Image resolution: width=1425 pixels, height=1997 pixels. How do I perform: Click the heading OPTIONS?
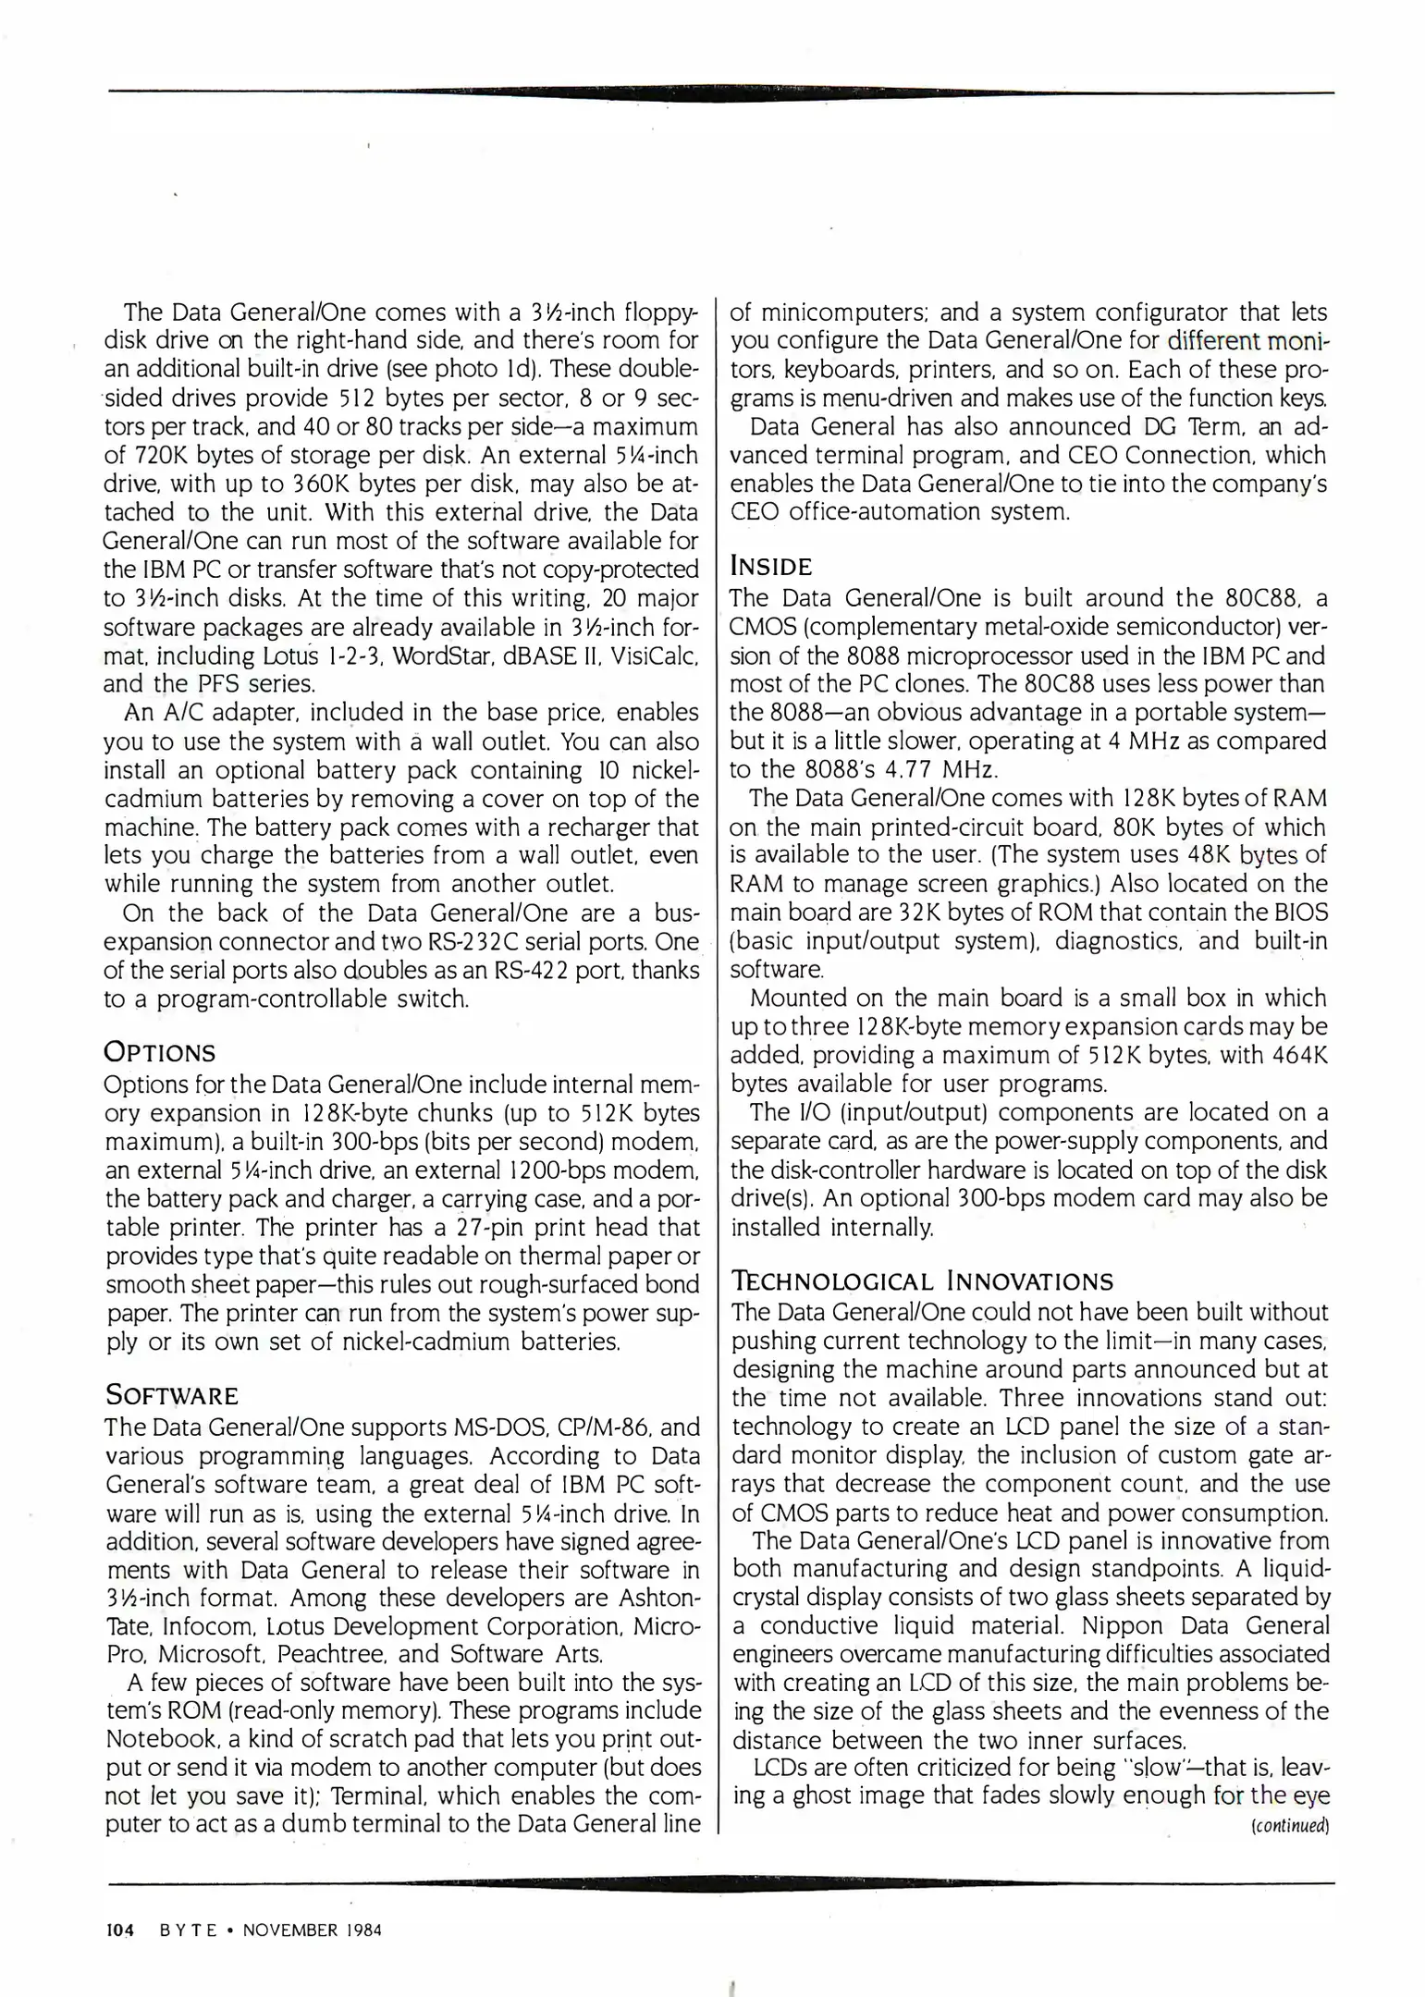(160, 1052)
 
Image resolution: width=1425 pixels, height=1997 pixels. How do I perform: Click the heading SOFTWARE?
(172, 1394)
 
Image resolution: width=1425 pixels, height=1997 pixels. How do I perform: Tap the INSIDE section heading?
(771, 566)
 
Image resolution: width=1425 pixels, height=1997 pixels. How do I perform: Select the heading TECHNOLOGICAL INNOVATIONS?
(922, 1280)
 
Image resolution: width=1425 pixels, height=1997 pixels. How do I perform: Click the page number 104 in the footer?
(120, 1930)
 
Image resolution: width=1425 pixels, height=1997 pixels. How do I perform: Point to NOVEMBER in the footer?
(286, 1930)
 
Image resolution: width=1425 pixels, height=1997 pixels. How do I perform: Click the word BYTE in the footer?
(189, 1930)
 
